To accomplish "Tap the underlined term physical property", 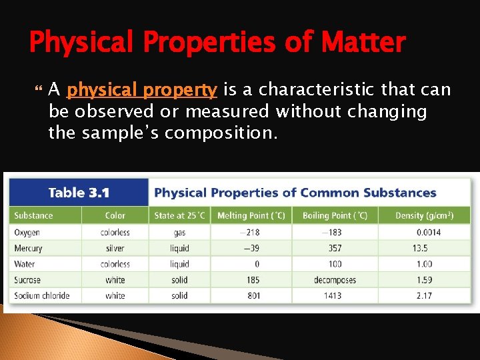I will click(x=142, y=90).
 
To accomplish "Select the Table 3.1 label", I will click(x=79, y=193).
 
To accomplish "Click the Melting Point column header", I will click(x=251, y=215).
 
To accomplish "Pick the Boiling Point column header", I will click(x=335, y=215).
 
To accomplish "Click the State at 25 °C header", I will click(x=179, y=215).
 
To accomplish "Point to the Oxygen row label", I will click(x=27, y=233).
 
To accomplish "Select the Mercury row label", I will click(x=28, y=248).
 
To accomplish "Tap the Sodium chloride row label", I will click(x=42, y=295).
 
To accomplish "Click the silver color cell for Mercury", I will click(x=115, y=248).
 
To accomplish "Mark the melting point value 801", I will click(x=253, y=295).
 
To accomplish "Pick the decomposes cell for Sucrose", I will click(x=335, y=280).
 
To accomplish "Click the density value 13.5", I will click(x=420, y=248).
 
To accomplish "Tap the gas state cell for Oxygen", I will click(x=179, y=233).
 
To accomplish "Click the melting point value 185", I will click(x=253, y=280).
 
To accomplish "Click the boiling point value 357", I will click(x=335, y=248).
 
